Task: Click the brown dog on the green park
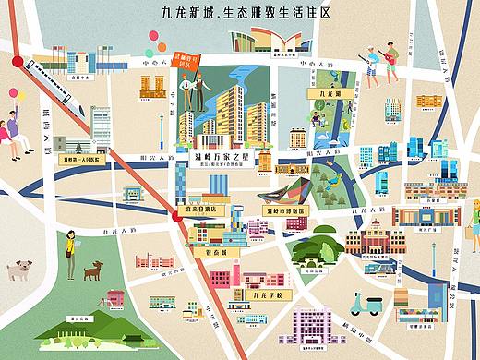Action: tap(93, 270)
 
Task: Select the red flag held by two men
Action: tap(193, 66)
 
